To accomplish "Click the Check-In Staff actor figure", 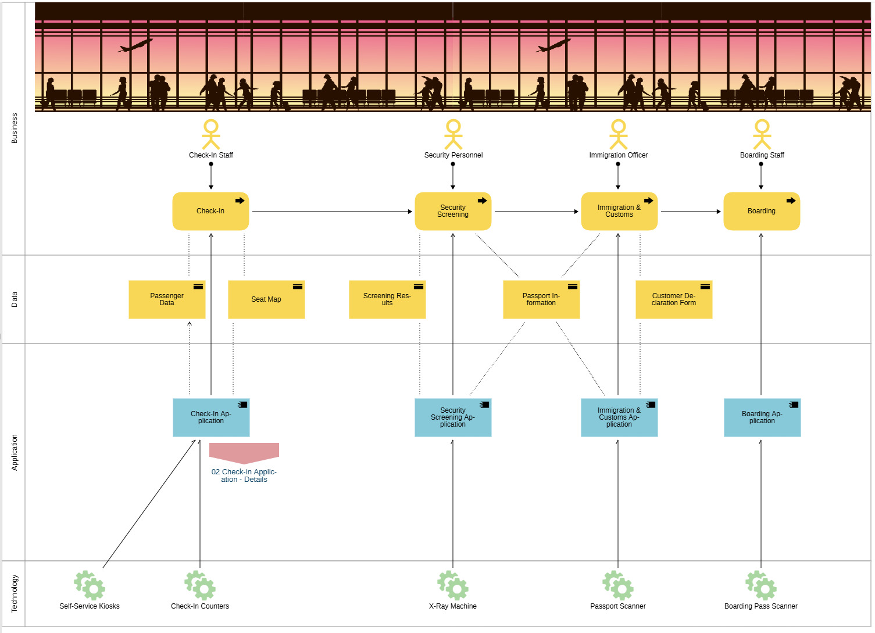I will [x=211, y=135].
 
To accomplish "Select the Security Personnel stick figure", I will [x=453, y=135].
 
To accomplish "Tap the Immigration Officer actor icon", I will [x=618, y=135].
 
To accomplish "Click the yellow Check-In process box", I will [x=210, y=211].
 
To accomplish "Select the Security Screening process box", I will [x=453, y=211].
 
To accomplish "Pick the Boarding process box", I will [x=762, y=211].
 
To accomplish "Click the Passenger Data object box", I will [x=167, y=299].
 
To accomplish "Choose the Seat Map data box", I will [x=266, y=299].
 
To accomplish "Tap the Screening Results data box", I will [x=387, y=299].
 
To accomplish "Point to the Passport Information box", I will [x=541, y=299].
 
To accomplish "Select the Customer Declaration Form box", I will [x=674, y=299].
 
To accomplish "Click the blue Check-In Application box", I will [x=211, y=417].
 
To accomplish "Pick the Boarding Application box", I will [x=762, y=417].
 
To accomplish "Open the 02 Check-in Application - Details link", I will [x=244, y=475].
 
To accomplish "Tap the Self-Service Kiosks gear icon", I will [x=90, y=585].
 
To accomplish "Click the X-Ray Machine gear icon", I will [x=453, y=585].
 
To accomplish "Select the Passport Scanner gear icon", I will [x=618, y=585].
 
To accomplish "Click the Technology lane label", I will [x=15, y=593].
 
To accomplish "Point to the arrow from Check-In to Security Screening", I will [x=331, y=212].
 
